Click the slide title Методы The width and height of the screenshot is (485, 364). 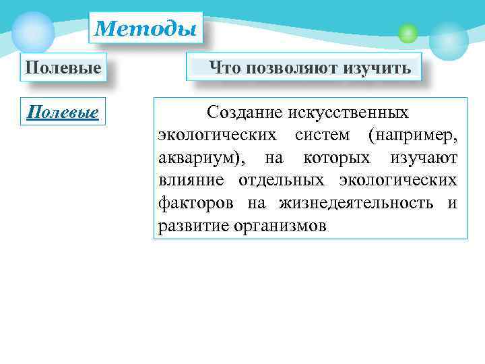pos(145,29)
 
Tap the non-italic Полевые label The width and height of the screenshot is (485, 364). pos(63,68)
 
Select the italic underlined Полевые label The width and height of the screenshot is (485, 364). pos(63,111)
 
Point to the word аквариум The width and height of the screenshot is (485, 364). pos(198,157)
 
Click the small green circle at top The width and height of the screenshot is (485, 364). pos(408,33)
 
